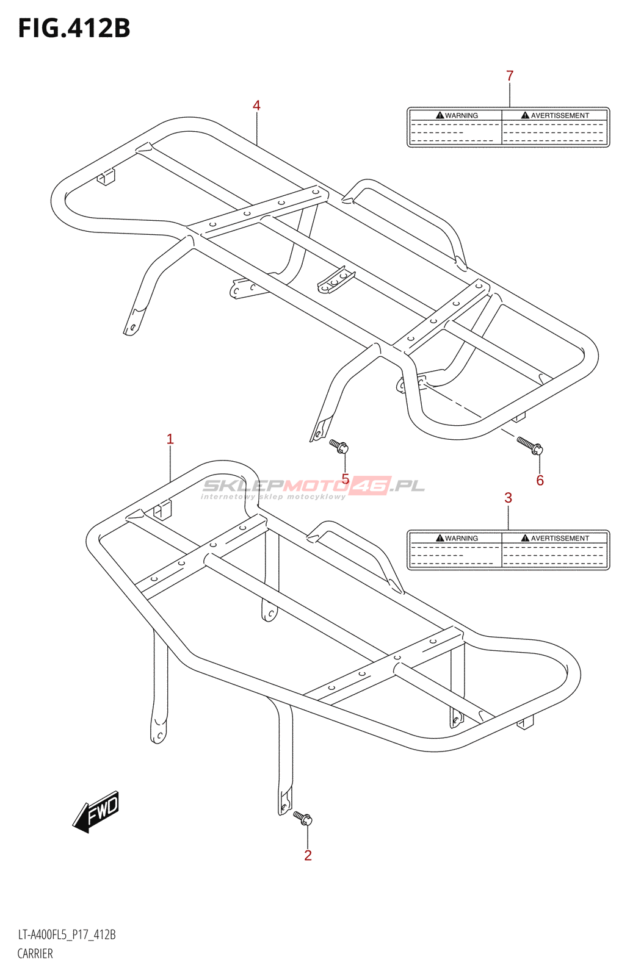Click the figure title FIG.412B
(74, 29)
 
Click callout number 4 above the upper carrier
(256, 106)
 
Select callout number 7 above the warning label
(510, 76)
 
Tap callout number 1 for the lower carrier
(170, 439)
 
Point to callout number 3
(508, 498)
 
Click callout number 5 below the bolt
(346, 479)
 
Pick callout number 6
(540, 481)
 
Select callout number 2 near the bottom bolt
(308, 855)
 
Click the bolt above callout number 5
(339, 446)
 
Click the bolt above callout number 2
(303, 817)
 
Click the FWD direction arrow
(96, 811)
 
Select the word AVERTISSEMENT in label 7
(560, 115)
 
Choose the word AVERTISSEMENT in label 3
(560, 538)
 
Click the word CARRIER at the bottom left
(35, 953)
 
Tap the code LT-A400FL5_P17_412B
(67, 935)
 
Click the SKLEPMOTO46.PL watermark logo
(313, 487)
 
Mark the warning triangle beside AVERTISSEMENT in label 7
(525, 115)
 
